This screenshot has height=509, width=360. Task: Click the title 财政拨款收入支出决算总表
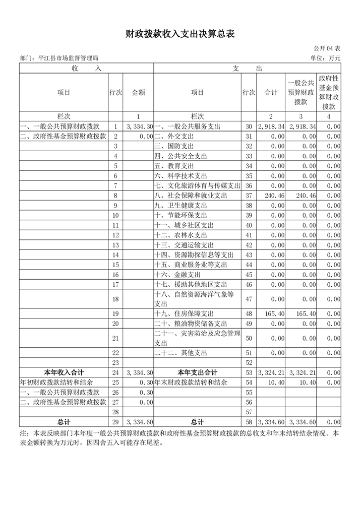[x=180, y=34]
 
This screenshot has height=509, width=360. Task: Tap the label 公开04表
[x=327, y=48]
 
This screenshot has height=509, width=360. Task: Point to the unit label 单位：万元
[x=326, y=58]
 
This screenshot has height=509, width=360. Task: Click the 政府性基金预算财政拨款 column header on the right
[x=329, y=93]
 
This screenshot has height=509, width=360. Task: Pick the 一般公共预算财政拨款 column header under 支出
[x=301, y=93]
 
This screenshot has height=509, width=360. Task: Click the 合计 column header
[x=271, y=93]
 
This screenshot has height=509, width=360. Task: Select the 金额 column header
[x=138, y=93]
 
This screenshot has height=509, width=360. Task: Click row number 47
[x=248, y=299]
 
